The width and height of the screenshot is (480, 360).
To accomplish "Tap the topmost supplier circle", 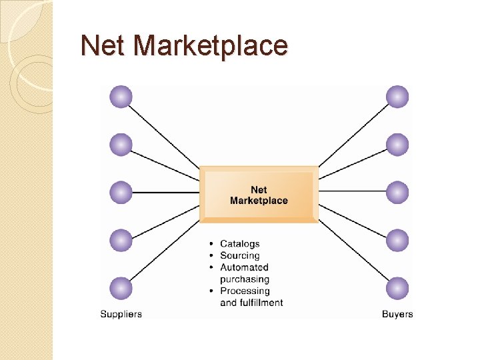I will coord(121,97).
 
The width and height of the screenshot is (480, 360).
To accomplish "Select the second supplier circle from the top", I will coord(121,144).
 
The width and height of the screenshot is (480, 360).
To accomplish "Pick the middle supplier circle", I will coord(121,193).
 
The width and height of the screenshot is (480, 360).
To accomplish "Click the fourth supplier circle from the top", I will coord(121,240).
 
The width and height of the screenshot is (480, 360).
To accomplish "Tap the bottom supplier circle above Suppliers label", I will coord(121,288).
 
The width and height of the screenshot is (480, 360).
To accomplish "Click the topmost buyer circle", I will coord(397,97).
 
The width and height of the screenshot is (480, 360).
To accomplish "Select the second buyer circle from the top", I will coord(397,144).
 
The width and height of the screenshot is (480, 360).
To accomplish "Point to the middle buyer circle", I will coord(397,193).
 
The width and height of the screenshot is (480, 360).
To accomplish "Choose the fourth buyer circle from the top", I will coord(397,240).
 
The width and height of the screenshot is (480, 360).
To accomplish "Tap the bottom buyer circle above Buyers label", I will coord(397,288).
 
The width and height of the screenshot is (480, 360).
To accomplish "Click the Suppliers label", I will coord(121,314).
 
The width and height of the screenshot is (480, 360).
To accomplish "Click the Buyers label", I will coord(397,314).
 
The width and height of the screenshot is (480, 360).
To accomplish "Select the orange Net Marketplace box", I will coord(259,195).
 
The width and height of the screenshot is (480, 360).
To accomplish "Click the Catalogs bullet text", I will coord(239,244).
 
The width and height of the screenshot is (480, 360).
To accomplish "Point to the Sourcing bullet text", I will coord(239,256).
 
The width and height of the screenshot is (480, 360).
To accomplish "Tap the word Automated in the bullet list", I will coord(244,267).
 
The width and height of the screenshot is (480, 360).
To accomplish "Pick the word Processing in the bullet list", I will coord(245,291).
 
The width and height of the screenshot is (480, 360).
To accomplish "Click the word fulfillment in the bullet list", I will coord(261,303).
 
